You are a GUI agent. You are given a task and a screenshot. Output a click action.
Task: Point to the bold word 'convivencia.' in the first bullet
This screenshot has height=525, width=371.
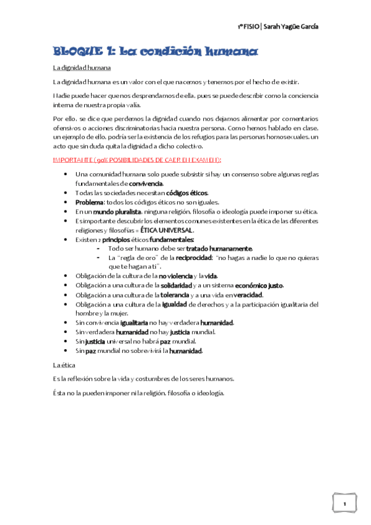click(146, 184)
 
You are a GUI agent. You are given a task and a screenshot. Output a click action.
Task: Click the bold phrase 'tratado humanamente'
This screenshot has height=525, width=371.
click(219, 248)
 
